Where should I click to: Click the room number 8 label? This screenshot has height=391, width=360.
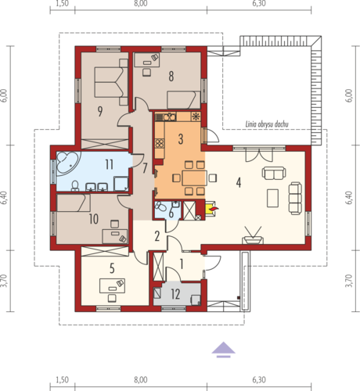coord(171,76)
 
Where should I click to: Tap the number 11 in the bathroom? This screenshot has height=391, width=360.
coord(110,164)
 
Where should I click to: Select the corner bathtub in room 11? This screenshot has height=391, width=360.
coord(67,163)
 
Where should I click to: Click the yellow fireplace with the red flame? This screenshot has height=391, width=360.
coord(211,209)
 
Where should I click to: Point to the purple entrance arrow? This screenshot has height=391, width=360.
coord(224,350)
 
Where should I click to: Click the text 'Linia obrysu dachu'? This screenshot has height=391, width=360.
coord(267,124)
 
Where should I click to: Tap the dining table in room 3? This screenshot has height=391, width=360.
coord(194,178)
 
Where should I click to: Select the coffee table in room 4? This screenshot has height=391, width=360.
coord(273,198)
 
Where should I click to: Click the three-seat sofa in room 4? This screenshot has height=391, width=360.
coord(295,199)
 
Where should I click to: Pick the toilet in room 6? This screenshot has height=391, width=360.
coord(160,206)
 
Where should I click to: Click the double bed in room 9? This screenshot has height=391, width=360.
coord(108,82)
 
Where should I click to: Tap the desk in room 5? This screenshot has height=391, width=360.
coord(112,285)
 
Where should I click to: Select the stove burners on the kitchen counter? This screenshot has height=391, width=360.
coord(159,143)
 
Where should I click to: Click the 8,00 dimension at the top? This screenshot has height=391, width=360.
coord(141,3)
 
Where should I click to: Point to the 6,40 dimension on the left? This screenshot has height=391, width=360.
coord(4,198)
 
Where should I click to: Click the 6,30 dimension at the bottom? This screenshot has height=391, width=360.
coord(259,380)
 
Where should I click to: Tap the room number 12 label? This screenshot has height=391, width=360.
coord(175,294)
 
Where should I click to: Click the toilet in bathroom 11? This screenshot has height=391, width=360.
coord(75,186)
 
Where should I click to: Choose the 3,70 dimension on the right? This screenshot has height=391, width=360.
coord(350,281)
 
